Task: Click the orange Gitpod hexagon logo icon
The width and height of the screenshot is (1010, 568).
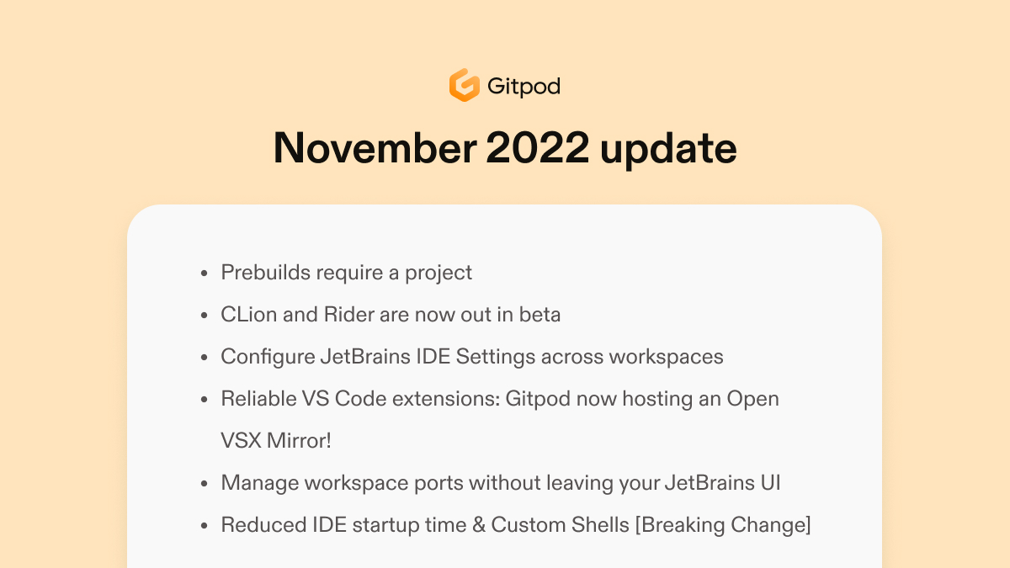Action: (x=464, y=85)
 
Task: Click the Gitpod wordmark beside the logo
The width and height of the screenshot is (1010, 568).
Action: (x=524, y=86)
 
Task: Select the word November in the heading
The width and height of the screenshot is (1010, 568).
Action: (x=375, y=147)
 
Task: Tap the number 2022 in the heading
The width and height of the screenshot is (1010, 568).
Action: (x=538, y=147)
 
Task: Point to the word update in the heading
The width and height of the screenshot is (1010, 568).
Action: (x=668, y=149)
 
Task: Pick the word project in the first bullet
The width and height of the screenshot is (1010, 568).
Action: (x=439, y=273)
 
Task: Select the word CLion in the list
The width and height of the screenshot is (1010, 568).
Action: (x=248, y=314)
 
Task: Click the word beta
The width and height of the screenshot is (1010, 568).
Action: (x=540, y=314)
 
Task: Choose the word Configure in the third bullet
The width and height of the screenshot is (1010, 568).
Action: (x=268, y=358)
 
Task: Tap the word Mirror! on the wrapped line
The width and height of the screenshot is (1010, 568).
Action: (x=299, y=440)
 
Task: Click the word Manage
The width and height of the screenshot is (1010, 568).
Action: (x=260, y=484)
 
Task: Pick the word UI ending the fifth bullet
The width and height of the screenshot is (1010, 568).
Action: (x=771, y=483)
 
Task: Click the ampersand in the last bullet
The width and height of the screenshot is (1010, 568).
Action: (x=478, y=525)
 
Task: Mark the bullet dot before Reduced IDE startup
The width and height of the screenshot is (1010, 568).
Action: (x=205, y=526)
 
